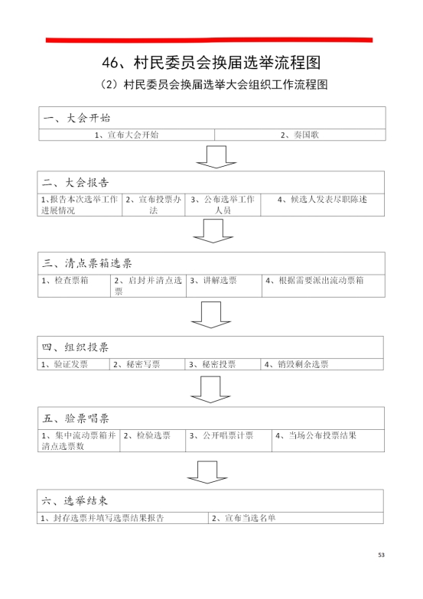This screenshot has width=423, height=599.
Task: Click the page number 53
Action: tap(381, 555)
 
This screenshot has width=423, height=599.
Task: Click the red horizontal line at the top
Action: tap(209, 40)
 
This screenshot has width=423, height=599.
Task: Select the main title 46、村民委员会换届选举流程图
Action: tap(211, 63)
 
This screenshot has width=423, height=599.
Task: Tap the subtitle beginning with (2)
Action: tap(213, 84)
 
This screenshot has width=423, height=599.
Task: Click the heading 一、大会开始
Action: tap(76, 118)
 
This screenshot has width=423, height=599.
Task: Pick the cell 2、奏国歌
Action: tap(300, 135)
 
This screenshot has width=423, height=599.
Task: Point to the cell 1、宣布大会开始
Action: tap(126, 135)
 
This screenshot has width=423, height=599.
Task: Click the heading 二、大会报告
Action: tap(76, 183)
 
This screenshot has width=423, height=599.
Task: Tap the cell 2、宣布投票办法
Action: tap(153, 205)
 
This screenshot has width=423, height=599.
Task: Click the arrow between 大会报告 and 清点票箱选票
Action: tap(213, 231)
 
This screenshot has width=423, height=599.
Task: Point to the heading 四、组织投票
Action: tap(75, 347)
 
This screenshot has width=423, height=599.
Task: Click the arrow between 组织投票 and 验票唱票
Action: tap(210, 389)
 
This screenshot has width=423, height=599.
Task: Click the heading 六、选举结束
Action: tap(75, 501)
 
